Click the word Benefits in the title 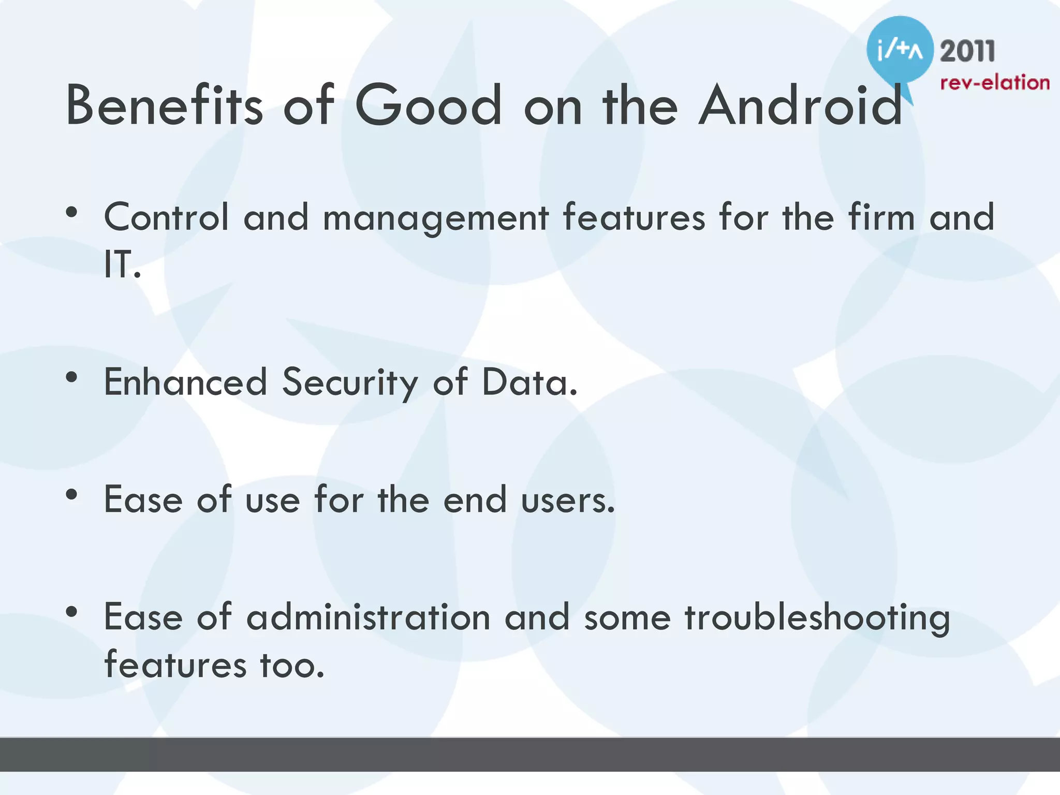click(x=165, y=106)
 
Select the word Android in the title click(x=800, y=106)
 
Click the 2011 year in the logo click(x=967, y=52)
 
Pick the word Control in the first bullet click(x=166, y=217)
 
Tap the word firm click(x=881, y=217)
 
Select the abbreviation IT click(x=121, y=265)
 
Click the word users click(x=568, y=500)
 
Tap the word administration click(x=368, y=617)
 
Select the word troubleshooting click(x=817, y=619)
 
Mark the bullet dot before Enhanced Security click(x=72, y=377)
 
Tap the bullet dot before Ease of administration click(x=72, y=612)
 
